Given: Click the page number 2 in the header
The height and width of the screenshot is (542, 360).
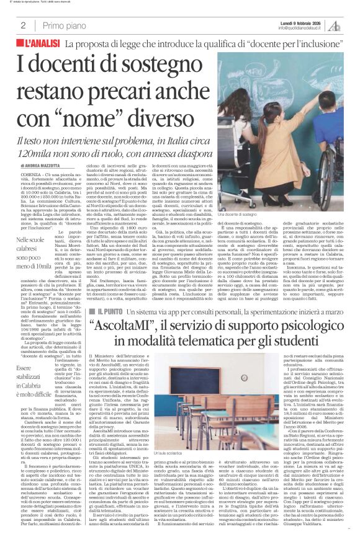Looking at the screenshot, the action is (x=23, y=25).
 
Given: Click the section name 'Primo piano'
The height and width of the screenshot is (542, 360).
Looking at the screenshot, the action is (x=62, y=25).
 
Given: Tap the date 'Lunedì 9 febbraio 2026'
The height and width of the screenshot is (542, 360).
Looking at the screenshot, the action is (x=302, y=22).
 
